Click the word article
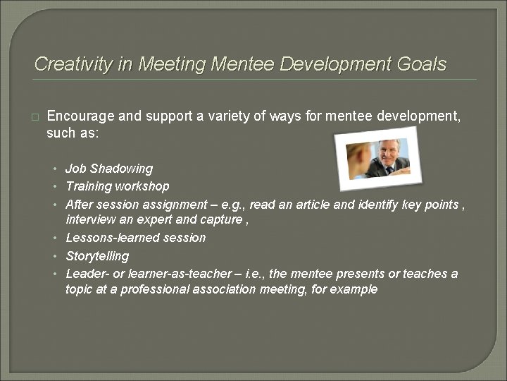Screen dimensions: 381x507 click(x=319, y=204)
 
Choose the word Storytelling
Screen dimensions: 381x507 click(x=97, y=255)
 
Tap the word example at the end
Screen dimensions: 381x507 click(x=356, y=289)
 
